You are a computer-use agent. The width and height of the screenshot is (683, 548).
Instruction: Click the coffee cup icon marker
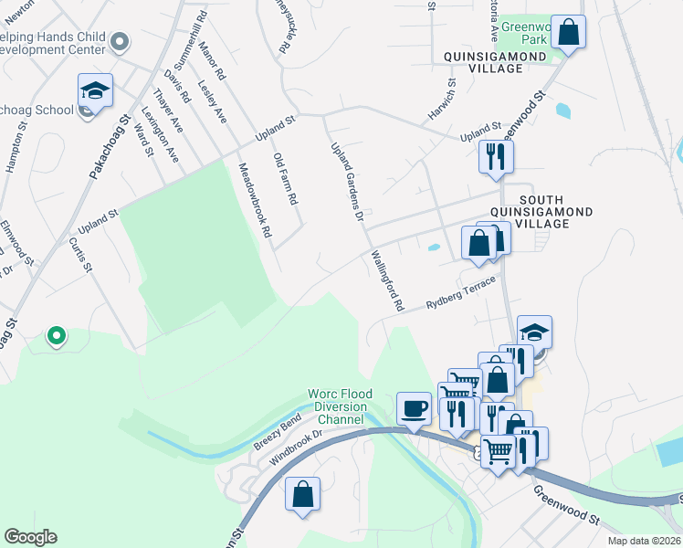coord(414,408)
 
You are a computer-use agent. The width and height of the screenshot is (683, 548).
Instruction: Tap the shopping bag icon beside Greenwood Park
coord(568,32)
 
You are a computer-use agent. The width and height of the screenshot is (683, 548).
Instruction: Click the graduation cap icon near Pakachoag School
coord(95,90)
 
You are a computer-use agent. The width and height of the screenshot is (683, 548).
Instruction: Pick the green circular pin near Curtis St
coord(56,337)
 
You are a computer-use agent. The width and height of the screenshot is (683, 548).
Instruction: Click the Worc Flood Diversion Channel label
coord(337,406)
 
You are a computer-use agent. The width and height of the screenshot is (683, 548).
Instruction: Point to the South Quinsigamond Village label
coord(556,211)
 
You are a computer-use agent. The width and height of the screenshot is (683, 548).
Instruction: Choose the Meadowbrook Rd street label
coord(255,200)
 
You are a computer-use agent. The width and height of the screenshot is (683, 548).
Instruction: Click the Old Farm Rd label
coord(286,178)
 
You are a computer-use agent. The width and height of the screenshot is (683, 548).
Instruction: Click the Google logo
coord(30,537)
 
